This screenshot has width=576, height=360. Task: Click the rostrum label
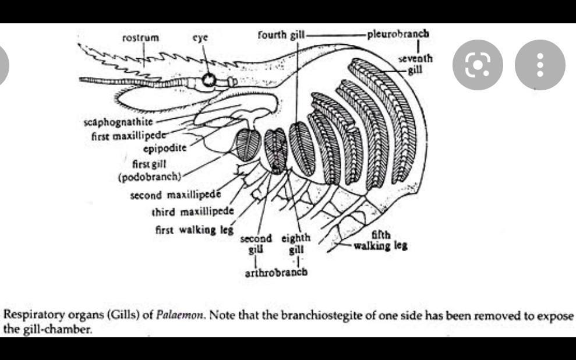click(x=141, y=37)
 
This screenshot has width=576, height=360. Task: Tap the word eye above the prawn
click(x=200, y=37)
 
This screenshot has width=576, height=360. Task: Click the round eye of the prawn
click(x=209, y=79)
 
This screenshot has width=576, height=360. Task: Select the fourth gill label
click(x=281, y=35)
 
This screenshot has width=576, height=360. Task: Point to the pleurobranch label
click(x=398, y=34)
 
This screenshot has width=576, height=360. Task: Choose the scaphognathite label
click(x=118, y=122)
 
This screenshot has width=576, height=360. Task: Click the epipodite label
click(x=165, y=149)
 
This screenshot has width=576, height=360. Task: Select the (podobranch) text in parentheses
click(x=150, y=177)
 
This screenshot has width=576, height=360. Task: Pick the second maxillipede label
click(x=175, y=195)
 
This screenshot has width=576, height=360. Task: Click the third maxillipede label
click(x=193, y=212)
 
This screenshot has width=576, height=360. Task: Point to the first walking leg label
click(x=195, y=230)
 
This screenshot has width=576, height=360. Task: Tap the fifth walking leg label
click(x=380, y=240)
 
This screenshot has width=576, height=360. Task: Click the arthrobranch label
click(x=276, y=272)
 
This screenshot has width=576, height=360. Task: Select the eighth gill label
click(x=296, y=243)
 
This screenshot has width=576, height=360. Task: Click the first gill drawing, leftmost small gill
click(x=248, y=144)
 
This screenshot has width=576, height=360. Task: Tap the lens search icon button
click(x=478, y=65)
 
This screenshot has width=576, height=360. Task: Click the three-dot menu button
click(x=540, y=65)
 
